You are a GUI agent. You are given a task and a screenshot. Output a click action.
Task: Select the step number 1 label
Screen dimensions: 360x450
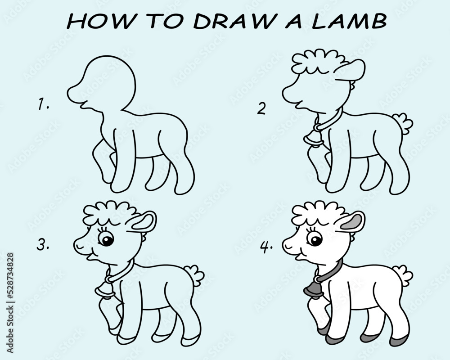pyautogui.click(x=43, y=105)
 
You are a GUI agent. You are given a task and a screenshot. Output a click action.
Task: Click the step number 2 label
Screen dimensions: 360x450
pyautogui.click(x=261, y=108)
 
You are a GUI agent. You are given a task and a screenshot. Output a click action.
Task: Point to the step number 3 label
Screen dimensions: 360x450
pyautogui.click(x=43, y=245)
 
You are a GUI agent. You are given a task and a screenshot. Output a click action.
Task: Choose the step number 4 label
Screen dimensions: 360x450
pyautogui.click(x=266, y=246)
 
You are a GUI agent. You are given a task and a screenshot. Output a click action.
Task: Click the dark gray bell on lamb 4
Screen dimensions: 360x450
pyautogui.click(x=313, y=288)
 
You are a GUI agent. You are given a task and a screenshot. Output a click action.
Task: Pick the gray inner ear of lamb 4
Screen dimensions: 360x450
pyautogui.click(x=353, y=221)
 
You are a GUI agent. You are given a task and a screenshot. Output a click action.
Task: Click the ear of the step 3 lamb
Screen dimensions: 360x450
pyautogui.click(x=144, y=221)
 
